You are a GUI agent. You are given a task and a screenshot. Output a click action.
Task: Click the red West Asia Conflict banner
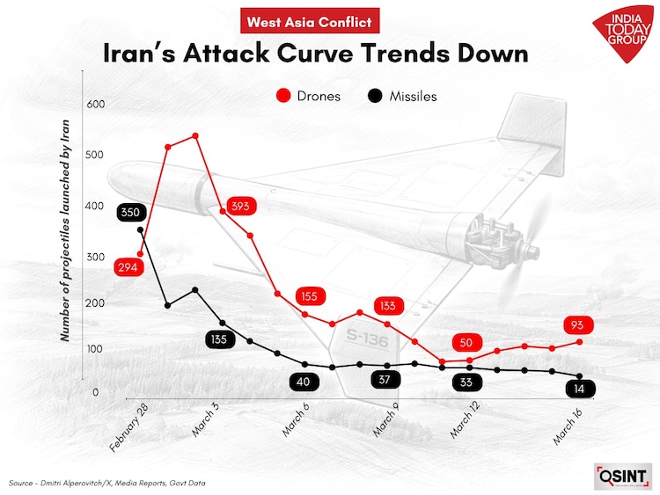310,21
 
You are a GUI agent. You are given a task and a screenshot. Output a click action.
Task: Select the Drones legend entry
307,96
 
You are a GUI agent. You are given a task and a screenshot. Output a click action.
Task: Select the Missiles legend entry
401,96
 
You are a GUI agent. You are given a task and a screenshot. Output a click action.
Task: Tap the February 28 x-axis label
128,430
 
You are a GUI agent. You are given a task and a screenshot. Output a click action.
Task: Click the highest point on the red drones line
194,135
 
